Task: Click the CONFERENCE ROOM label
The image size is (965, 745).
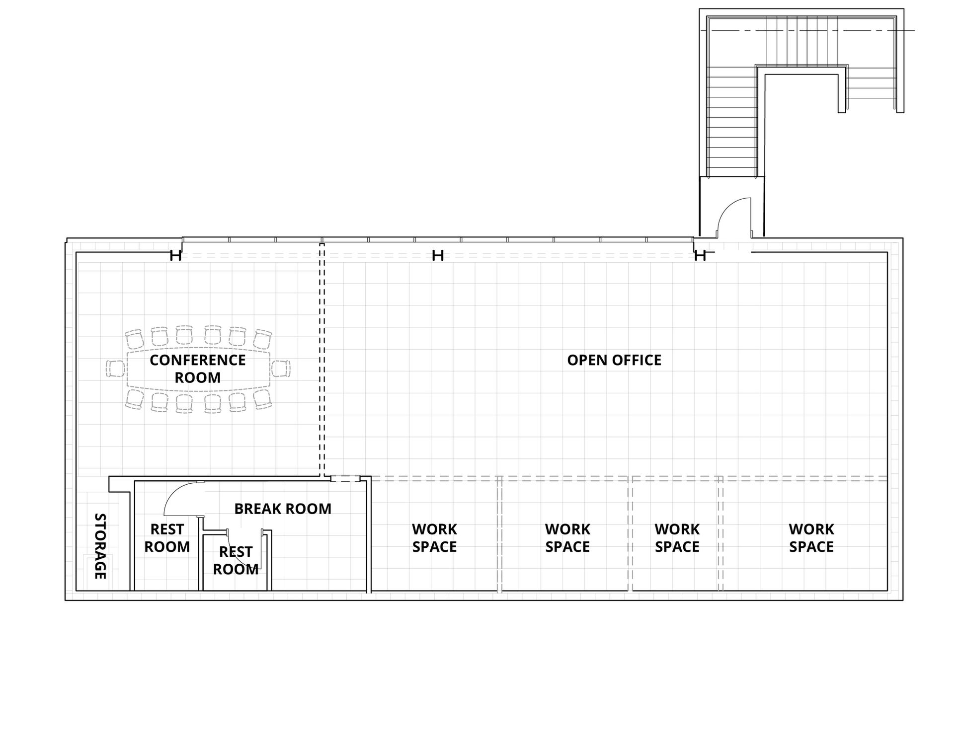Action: tap(198, 369)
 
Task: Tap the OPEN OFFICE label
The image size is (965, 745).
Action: tap(614, 360)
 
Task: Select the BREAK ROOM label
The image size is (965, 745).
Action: tap(283, 509)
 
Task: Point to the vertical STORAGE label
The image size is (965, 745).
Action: tap(100, 546)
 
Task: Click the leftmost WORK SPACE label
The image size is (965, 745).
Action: tap(434, 538)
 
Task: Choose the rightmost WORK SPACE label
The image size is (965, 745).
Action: tap(811, 538)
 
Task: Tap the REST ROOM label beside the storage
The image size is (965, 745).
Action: tap(167, 538)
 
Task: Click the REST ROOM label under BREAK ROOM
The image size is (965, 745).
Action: tap(236, 561)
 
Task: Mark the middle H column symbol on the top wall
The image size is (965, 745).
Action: tap(438, 256)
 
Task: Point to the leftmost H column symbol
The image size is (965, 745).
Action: tap(175, 256)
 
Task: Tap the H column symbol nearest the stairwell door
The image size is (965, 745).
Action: tap(700, 256)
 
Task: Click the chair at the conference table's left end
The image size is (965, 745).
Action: tap(115, 369)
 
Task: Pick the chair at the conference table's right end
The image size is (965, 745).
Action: tap(281, 369)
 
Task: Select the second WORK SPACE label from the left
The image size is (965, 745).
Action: tap(567, 538)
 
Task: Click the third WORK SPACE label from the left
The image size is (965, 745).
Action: tap(677, 538)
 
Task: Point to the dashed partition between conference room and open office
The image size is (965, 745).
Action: tap(322, 360)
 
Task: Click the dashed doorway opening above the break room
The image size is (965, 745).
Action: tap(345, 479)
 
